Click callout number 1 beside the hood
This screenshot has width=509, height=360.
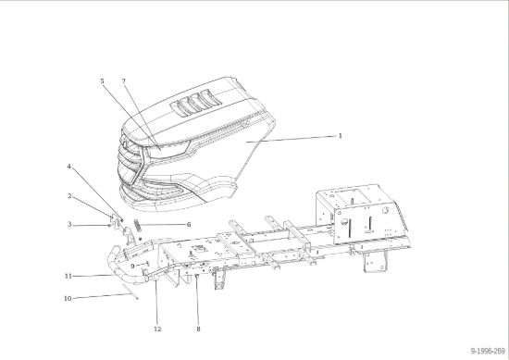(x=341, y=136)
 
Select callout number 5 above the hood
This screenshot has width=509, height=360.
(x=102, y=81)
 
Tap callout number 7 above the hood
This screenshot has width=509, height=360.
(x=124, y=81)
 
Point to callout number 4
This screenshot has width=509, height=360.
(x=68, y=167)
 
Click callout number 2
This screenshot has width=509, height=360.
(x=69, y=196)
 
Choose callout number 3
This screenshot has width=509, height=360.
(x=69, y=224)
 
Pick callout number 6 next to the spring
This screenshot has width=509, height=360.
(x=189, y=225)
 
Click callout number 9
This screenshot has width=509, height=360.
(x=132, y=267)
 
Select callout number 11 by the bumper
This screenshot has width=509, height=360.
(x=68, y=277)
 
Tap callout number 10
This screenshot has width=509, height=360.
(x=68, y=298)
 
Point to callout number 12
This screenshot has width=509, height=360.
(x=157, y=329)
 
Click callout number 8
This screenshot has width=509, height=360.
(x=198, y=329)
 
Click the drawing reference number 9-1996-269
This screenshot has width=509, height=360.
(x=488, y=351)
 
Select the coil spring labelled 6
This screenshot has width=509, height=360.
(x=138, y=225)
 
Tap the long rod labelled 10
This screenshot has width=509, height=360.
(x=130, y=292)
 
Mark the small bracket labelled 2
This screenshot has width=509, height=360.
(x=114, y=220)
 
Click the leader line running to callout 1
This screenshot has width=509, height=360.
(x=291, y=139)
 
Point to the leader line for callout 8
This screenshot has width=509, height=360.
(x=197, y=300)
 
